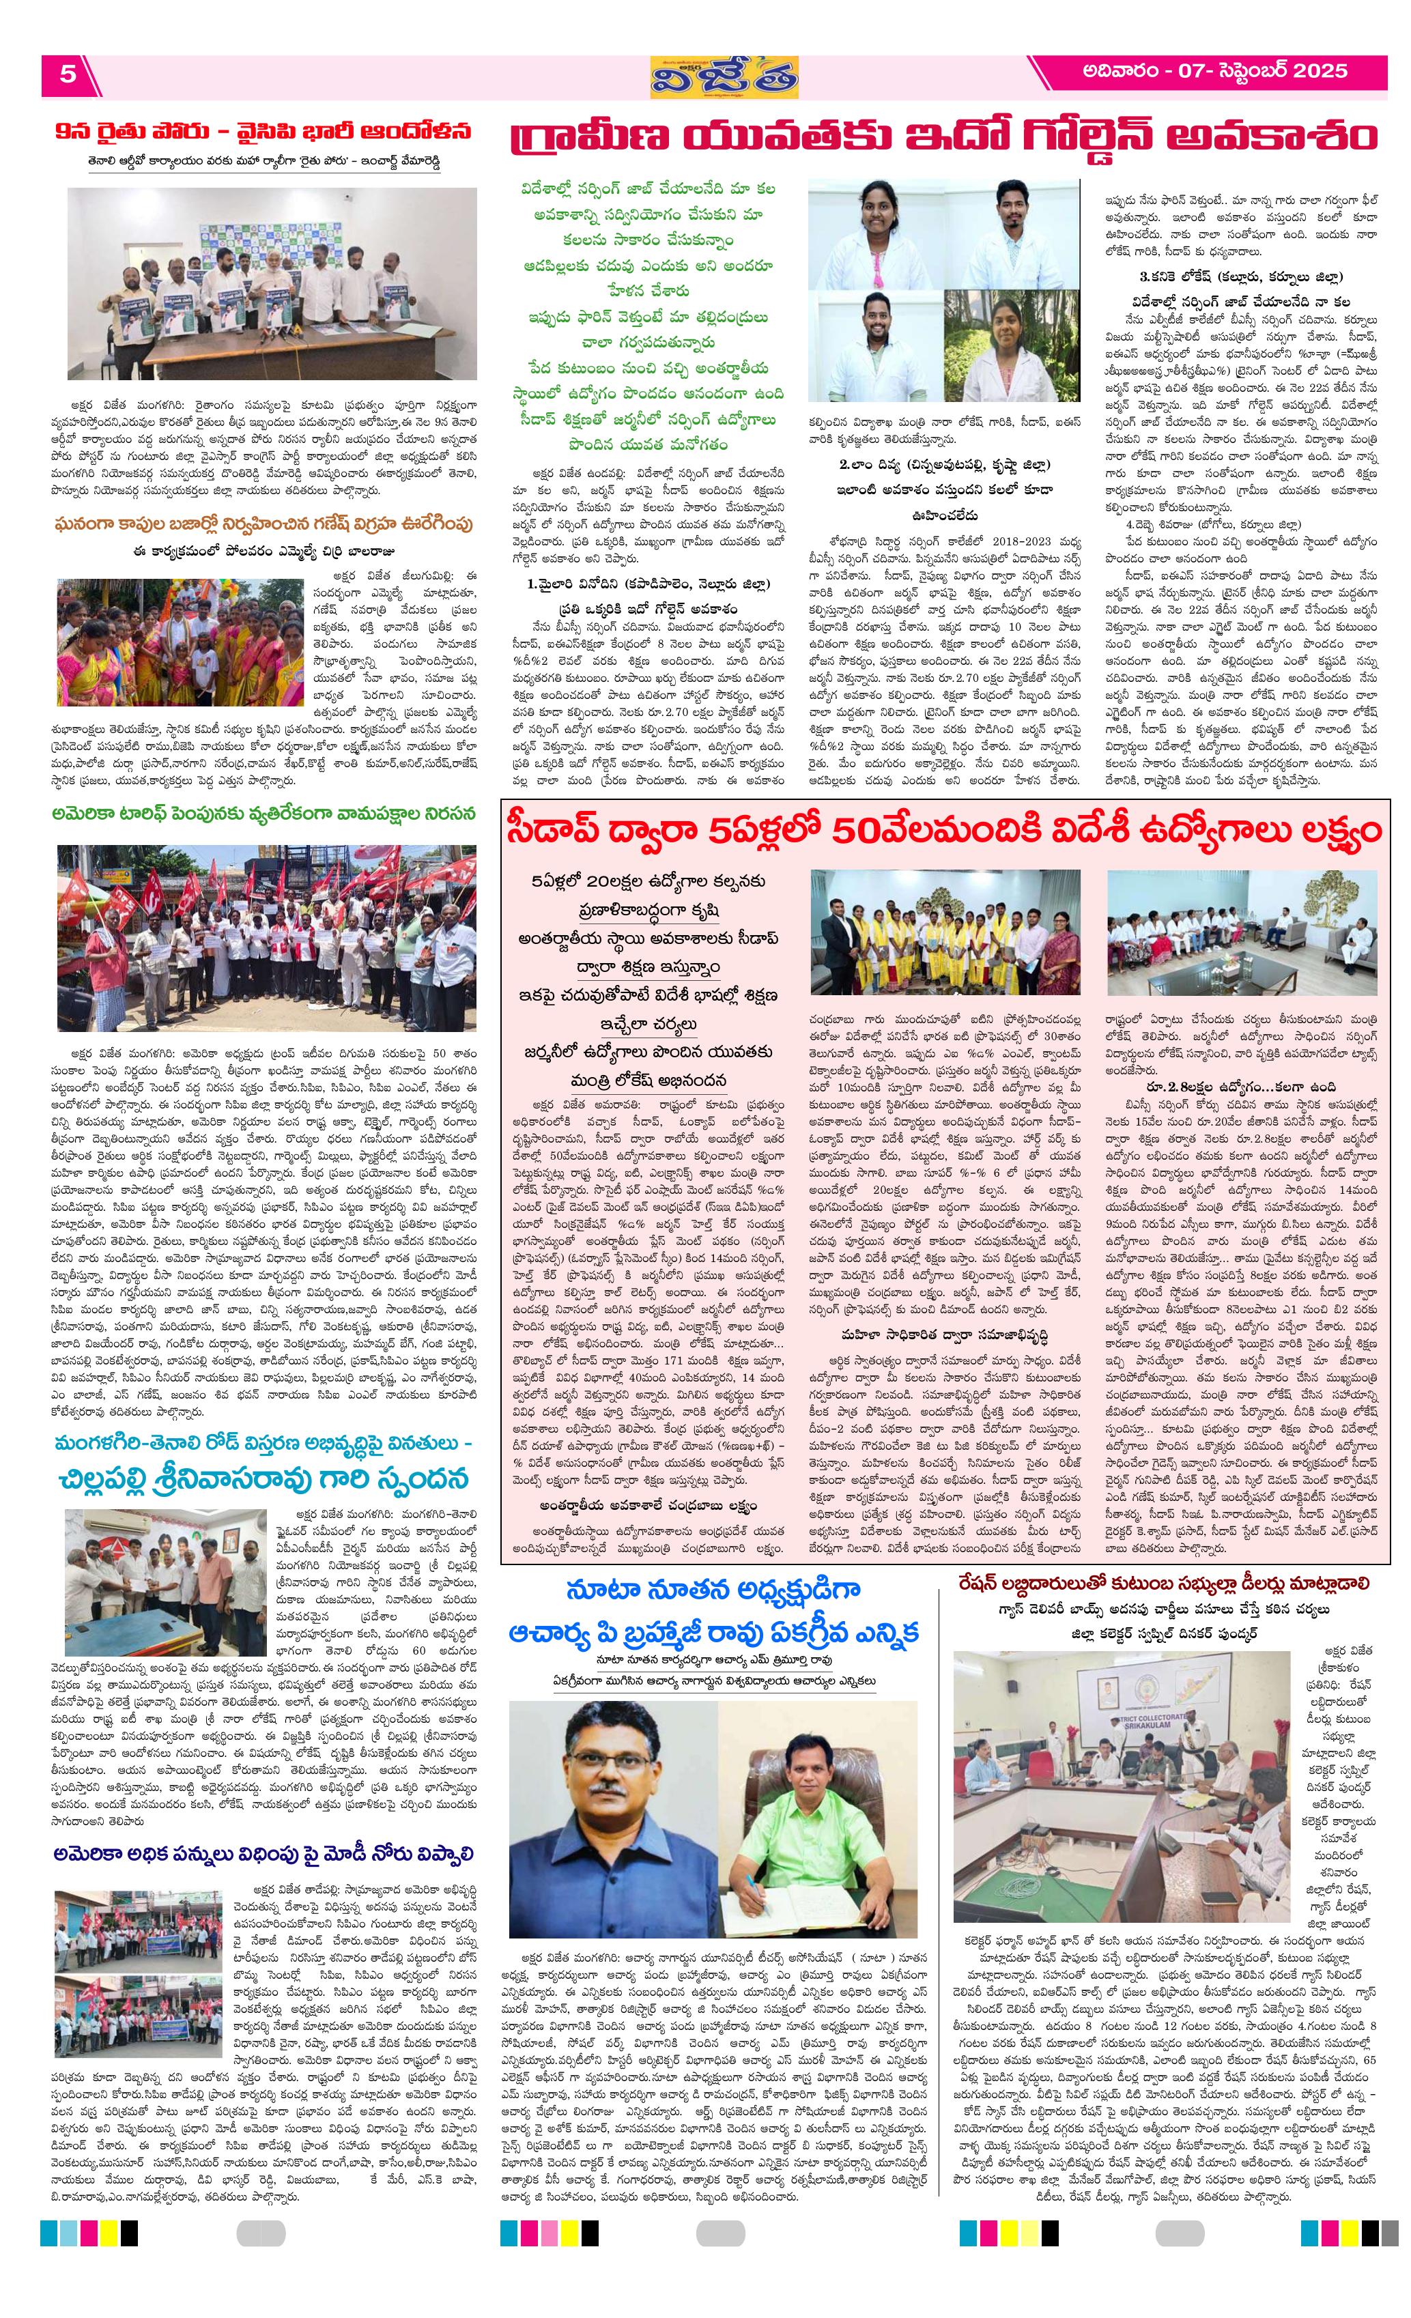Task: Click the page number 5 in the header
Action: click(x=68, y=74)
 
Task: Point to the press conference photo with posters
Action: click(x=272, y=282)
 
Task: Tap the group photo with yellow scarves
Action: click(x=945, y=932)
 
